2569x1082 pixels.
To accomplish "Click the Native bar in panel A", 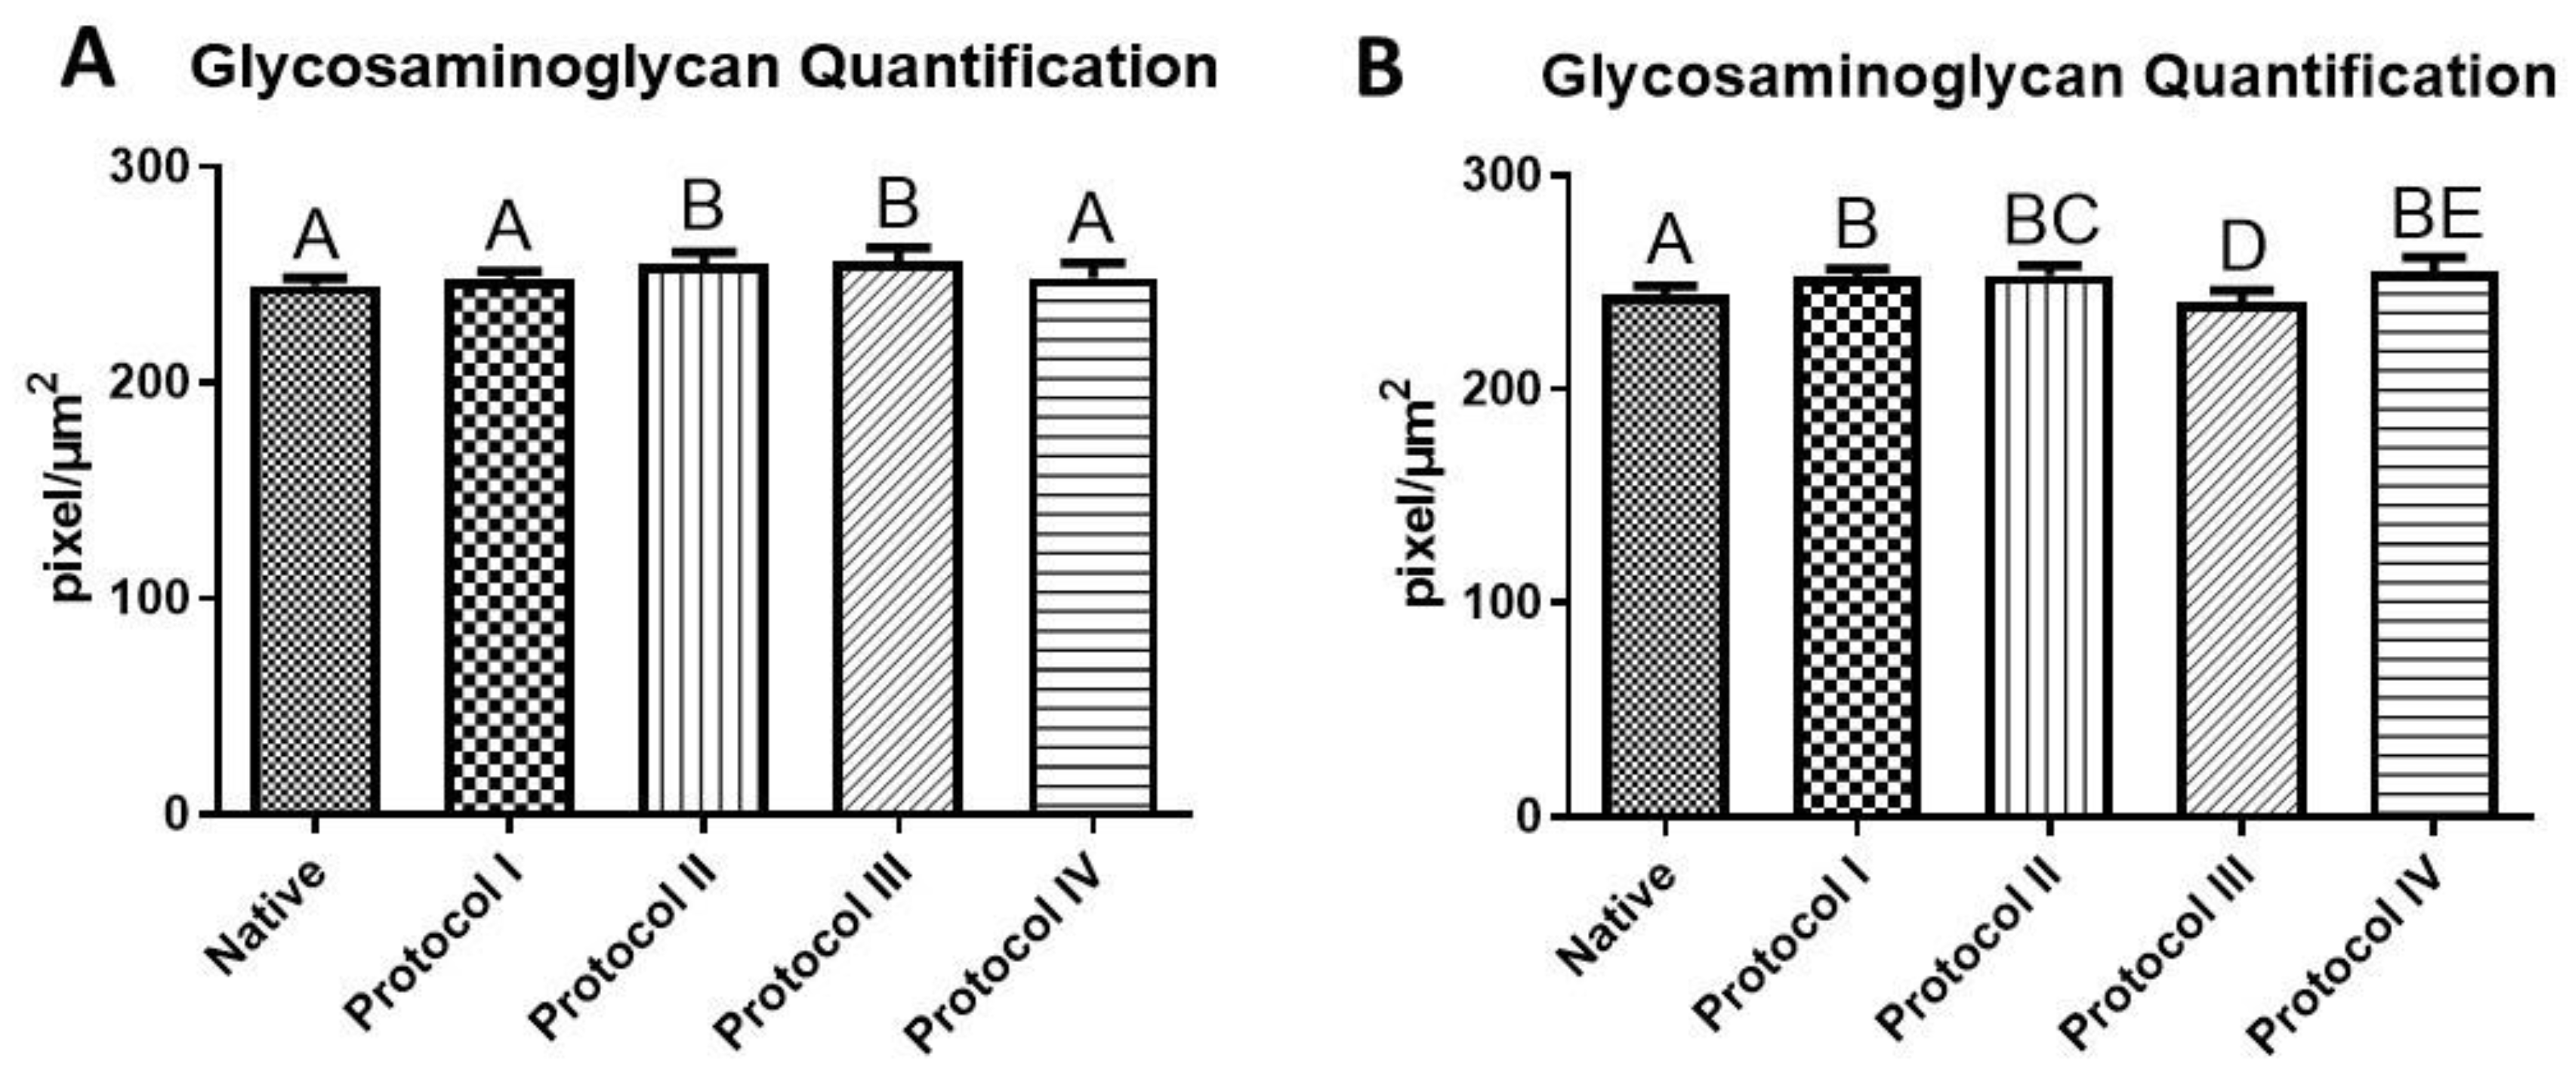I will pyautogui.click(x=315, y=548).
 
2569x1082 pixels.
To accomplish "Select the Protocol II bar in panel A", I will pyautogui.click(x=703, y=538).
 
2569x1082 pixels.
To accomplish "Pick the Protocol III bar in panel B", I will pyautogui.click(x=2241, y=559).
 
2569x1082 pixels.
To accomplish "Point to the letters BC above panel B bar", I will pyautogui.click(x=2052, y=221).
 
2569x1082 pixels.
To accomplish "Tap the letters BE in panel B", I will pyautogui.click(x=2435, y=214).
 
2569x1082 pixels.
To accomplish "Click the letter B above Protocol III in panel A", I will pyautogui.click(x=898, y=205).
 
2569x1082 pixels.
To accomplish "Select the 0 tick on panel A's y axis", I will pyautogui.click(x=174, y=815).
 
